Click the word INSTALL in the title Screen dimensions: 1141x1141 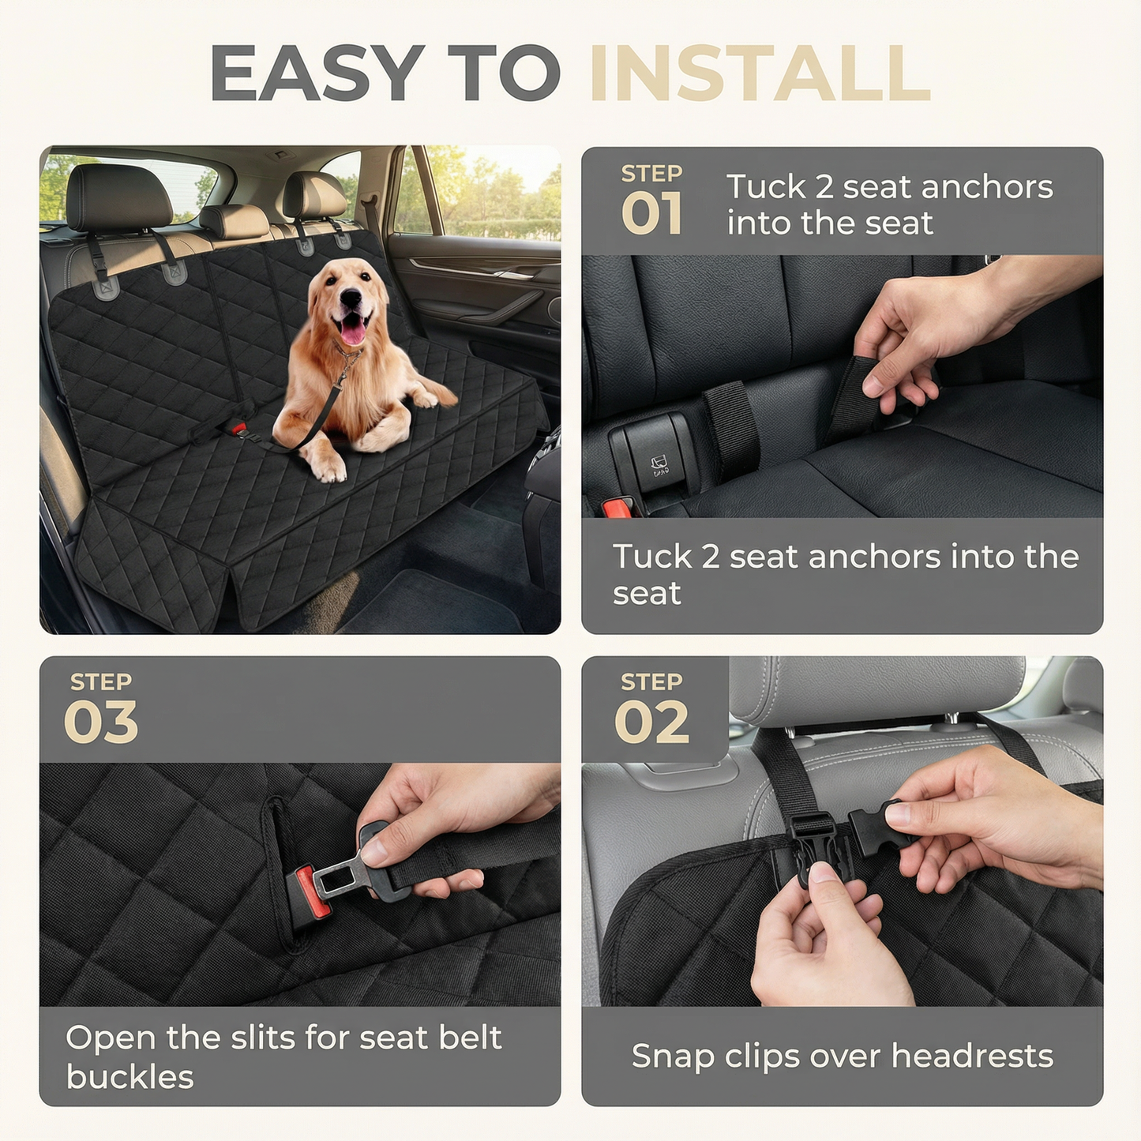760,73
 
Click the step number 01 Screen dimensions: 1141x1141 651,215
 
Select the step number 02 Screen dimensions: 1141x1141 651,723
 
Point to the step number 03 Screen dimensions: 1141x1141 101,723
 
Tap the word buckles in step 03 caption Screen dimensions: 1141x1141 129,1077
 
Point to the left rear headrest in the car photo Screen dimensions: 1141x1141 118,197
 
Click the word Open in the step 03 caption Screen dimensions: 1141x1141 111,1038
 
